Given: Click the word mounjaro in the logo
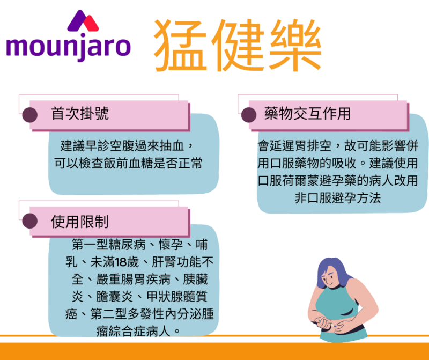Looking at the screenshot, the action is tap(69, 47).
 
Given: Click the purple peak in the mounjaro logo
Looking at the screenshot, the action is tap(78, 20).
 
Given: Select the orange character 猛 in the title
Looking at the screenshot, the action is tap(180, 46).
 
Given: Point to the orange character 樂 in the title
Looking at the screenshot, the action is tap(296, 46).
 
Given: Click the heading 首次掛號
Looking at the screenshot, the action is tap(79, 113).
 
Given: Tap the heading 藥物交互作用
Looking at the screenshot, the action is tap(307, 113).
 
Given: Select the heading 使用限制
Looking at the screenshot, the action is tap(79, 221).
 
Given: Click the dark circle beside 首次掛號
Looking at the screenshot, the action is tap(30, 115).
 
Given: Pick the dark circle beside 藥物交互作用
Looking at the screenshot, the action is tap(249, 115).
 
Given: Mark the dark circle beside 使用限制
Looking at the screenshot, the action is tap(30, 221).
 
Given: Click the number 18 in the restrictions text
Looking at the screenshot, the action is tap(120, 262).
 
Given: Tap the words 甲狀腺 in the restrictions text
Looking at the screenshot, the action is tap(165, 297).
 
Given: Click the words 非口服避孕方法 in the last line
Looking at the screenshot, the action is tap(338, 198).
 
